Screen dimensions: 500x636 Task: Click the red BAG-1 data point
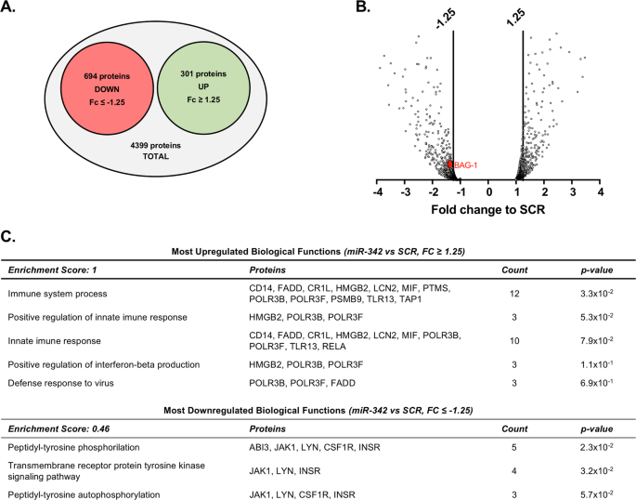tap(450, 164)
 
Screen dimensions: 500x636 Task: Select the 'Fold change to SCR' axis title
tap(488, 211)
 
